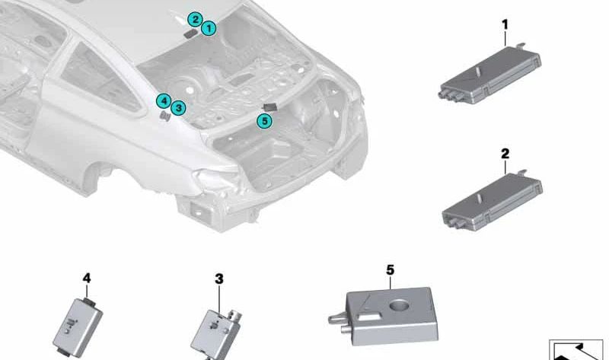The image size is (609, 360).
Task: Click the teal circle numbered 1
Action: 209,28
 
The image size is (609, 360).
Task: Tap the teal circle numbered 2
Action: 195,20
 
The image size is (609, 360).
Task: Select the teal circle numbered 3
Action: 178,107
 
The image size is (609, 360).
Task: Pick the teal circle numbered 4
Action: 164,101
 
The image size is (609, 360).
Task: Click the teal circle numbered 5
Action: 264,121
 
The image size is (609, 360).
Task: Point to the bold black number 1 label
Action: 505,25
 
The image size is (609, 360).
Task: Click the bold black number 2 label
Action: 505,154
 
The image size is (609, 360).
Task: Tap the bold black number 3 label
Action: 219,279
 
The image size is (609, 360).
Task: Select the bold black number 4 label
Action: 87,278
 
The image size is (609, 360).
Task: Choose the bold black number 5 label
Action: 390,270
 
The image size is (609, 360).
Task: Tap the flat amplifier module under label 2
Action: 492,202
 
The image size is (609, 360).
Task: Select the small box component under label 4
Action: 78,327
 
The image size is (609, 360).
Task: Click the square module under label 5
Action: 384,317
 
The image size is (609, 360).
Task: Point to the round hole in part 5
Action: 400,305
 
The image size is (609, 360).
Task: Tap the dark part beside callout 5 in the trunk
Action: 270,107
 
